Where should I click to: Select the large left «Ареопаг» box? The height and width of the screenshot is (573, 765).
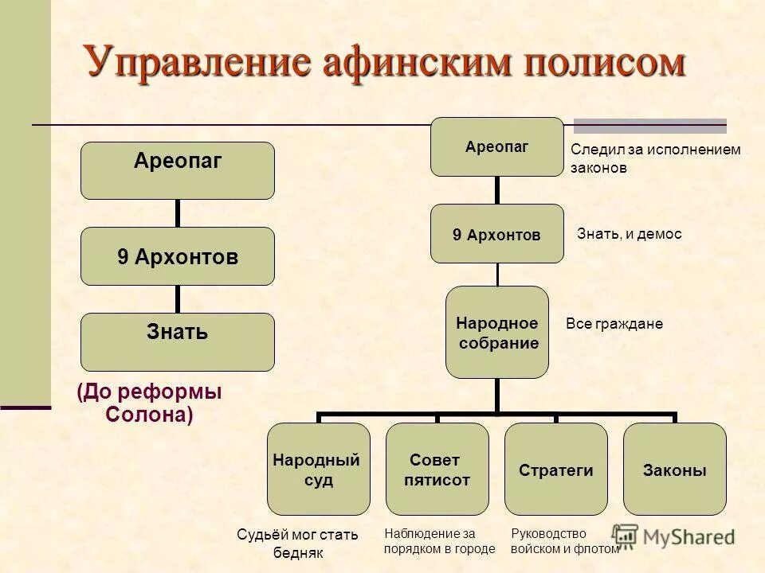178,170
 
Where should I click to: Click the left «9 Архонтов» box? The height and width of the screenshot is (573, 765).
178,256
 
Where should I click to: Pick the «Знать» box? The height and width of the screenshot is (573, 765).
178,341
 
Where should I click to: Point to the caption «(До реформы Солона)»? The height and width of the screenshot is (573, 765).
149,403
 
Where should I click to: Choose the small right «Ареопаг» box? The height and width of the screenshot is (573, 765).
496,147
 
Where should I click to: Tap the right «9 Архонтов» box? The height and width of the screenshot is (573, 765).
496,234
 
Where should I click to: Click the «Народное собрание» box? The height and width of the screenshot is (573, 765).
497,333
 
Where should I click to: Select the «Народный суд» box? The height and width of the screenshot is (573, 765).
318,470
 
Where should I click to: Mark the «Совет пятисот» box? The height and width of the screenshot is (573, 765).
437,470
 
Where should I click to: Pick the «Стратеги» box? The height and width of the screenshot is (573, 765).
556,470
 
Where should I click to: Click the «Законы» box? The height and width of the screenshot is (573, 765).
674,470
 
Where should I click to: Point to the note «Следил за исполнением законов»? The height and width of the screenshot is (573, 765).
655,159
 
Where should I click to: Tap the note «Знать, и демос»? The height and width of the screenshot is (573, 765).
629,235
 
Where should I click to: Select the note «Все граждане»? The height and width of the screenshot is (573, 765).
614,324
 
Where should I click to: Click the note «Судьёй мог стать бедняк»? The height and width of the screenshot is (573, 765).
297,544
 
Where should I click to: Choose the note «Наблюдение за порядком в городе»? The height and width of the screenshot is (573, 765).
439,541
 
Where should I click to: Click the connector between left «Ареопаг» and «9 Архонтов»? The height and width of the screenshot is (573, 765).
178,213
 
